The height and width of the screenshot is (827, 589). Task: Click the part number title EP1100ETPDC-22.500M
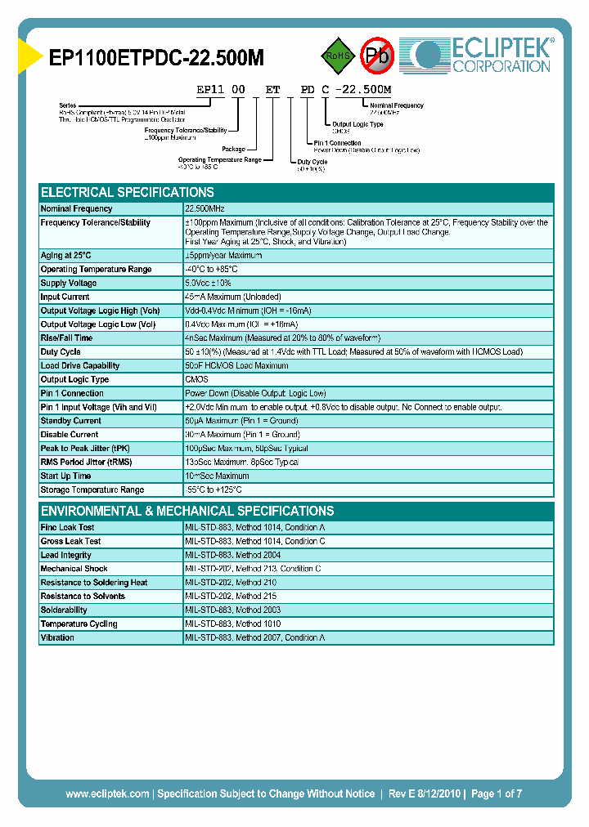[156, 58]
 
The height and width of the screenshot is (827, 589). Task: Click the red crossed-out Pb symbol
[377, 56]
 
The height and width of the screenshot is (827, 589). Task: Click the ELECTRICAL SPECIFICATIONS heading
[128, 193]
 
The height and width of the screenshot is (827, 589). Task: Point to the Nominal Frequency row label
[76, 209]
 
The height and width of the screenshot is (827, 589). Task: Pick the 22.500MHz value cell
[205, 209]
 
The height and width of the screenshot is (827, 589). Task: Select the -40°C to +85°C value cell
[211, 270]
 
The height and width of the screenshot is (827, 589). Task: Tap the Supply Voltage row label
[69, 284]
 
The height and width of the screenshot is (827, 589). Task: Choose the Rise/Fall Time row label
[66, 338]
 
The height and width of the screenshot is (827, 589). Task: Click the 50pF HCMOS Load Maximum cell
[237, 366]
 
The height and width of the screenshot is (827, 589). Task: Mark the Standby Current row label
[71, 421]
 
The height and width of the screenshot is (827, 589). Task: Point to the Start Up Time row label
[65, 476]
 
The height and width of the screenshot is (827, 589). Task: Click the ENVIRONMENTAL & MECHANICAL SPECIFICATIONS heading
[187, 512]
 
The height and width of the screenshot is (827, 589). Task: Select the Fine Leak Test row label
[67, 528]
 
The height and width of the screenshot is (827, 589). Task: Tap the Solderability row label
[64, 610]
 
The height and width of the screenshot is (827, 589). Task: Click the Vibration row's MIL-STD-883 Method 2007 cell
[255, 638]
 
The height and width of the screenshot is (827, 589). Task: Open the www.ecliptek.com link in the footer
[107, 793]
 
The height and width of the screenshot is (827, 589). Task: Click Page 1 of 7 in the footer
[497, 793]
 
